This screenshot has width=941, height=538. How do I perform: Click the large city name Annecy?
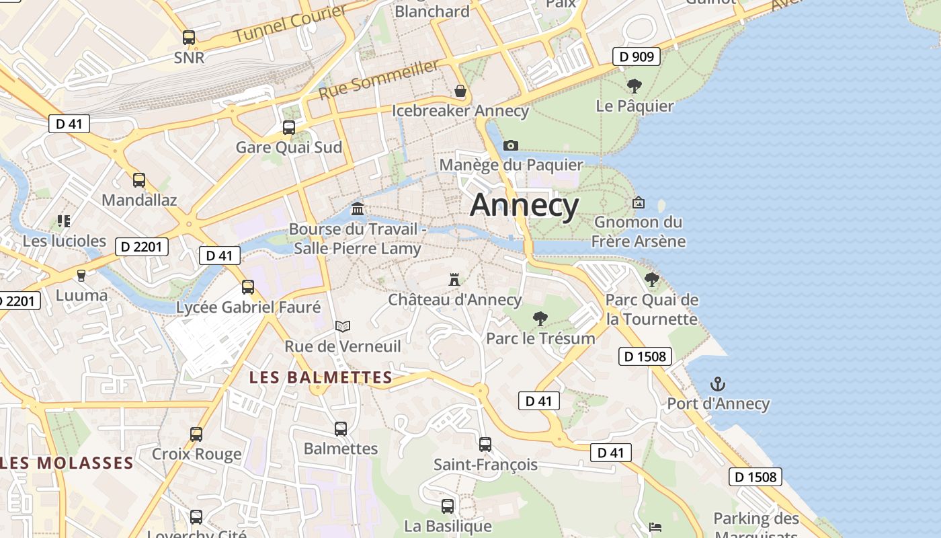pos(524,205)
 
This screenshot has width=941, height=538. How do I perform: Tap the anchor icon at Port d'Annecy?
pos(718,385)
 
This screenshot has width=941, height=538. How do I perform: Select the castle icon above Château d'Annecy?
pos(455,279)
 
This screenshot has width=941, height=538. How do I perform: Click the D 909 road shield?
pos(636,56)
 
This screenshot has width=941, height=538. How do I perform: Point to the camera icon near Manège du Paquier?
pos(511,145)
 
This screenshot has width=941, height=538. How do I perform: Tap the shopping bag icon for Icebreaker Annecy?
pos(460,91)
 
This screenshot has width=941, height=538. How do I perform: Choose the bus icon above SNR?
pos(189,38)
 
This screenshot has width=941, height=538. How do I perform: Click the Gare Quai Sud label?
pos(288,147)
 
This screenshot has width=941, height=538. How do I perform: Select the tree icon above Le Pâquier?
pos(634,86)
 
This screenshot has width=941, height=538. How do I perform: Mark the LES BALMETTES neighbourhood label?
pos(321,377)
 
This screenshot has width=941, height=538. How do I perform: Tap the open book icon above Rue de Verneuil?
pos(343,327)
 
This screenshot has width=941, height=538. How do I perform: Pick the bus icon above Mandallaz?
pos(139,180)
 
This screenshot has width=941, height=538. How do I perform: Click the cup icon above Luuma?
pos(81,275)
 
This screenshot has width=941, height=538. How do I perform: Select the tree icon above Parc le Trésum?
pos(540,319)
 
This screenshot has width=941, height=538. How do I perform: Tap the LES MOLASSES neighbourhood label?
pos(67,463)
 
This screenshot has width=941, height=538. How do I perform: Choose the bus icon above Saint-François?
pos(485,445)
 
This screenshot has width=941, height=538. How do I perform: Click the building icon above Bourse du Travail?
pos(358,209)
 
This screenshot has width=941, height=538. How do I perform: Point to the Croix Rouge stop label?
pos(196,454)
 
